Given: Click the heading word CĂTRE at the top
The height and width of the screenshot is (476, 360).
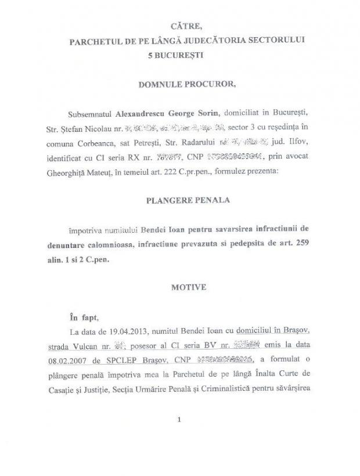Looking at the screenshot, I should tap(187, 26).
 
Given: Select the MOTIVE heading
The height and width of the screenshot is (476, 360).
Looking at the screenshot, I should tap(187, 287).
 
